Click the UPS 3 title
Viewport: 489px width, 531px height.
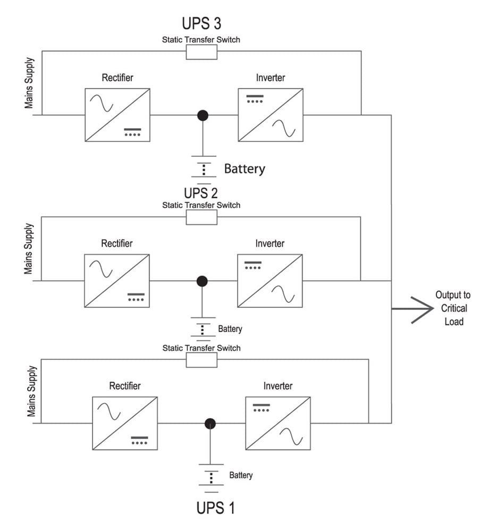[x=201, y=24]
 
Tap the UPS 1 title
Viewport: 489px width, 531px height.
[x=215, y=507]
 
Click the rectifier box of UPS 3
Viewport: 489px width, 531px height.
[x=117, y=115]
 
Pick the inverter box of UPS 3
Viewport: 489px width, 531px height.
[x=271, y=115]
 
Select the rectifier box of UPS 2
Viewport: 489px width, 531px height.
[x=116, y=281]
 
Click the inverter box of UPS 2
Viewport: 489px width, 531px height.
[x=271, y=281]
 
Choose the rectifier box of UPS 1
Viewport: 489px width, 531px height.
[x=125, y=423]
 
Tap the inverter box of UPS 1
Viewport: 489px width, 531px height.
[x=278, y=423]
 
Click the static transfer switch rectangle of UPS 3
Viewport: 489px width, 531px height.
[x=201, y=52]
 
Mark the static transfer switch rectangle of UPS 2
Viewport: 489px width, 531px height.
[x=201, y=217]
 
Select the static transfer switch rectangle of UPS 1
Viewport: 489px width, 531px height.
[x=201, y=360]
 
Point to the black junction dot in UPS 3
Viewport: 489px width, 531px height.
[x=202, y=115]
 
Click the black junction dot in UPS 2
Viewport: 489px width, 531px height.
[x=202, y=281]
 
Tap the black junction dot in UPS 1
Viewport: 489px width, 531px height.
[x=210, y=423]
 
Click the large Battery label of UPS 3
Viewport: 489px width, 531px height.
[x=244, y=169]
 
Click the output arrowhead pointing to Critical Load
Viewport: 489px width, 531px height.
[x=423, y=308]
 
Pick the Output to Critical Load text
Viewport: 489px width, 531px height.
[x=453, y=308]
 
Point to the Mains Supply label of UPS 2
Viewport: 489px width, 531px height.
[x=29, y=249]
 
